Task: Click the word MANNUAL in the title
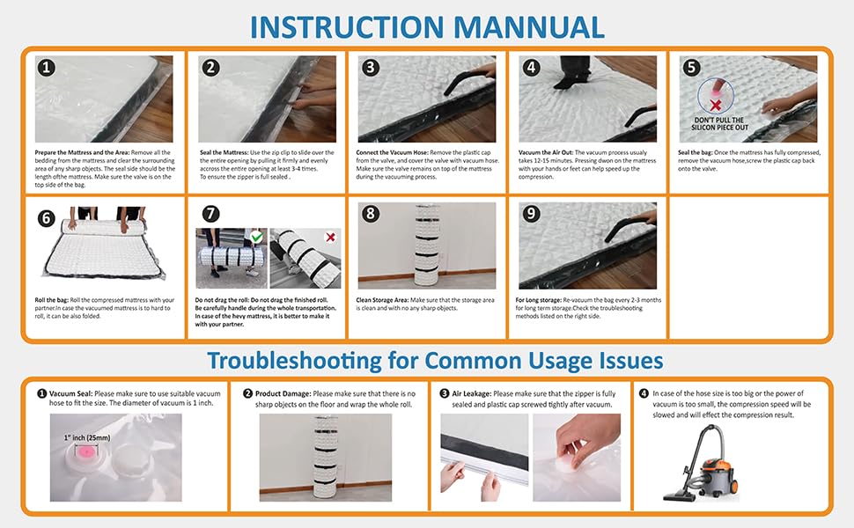pos(528,27)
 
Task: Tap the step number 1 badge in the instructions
pos(47,68)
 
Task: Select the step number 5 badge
pos(691,68)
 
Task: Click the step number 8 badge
pos(371,213)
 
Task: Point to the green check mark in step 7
pos(256,237)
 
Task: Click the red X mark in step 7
pos(330,237)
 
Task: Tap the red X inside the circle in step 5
pos(716,105)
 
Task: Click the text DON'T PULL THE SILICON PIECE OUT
pos(719,123)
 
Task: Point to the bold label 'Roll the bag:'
pos(52,300)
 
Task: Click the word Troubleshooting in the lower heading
pos(294,362)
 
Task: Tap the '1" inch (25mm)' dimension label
pos(87,437)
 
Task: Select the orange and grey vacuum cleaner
pos(703,464)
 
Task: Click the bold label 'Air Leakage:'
pos(472,393)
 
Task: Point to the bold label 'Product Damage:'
pos(283,393)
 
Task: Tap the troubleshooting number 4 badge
pos(644,393)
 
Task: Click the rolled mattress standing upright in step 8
pos(427,245)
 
